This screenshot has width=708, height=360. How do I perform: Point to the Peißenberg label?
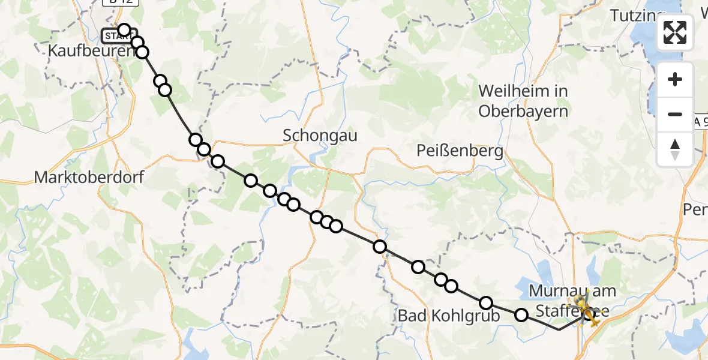click(x=460, y=151)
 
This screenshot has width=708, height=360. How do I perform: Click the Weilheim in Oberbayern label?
click(x=523, y=101)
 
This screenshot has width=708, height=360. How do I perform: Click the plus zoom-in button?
click(x=675, y=79)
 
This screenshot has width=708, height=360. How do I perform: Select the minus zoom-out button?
click(x=675, y=114)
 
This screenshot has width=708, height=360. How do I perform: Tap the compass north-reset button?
click(x=675, y=149)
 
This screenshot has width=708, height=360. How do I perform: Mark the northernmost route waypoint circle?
click(x=124, y=30)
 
